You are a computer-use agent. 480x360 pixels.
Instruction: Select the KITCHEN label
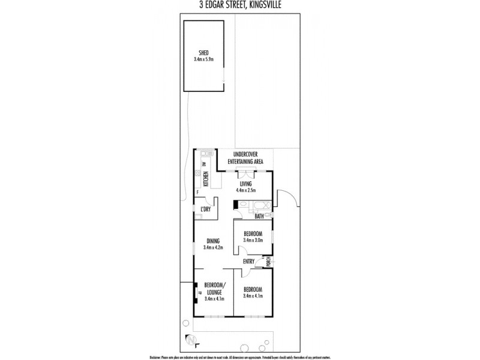(205, 178)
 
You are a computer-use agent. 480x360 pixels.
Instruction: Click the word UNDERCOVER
(245, 155)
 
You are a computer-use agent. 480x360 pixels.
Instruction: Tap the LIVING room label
(245, 184)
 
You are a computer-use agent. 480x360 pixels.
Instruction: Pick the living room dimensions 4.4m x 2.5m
(245, 191)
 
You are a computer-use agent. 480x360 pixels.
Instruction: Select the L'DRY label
(205, 209)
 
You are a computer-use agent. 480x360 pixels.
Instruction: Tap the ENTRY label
(250, 262)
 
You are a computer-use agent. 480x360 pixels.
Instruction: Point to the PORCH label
(269, 261)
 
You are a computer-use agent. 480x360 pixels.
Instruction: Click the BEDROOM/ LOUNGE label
(214, 288)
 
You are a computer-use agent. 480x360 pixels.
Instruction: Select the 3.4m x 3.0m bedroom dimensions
(253, 240)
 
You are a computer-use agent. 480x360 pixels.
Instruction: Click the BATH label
(259, 216)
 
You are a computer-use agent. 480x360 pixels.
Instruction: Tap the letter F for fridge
(197, 192)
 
